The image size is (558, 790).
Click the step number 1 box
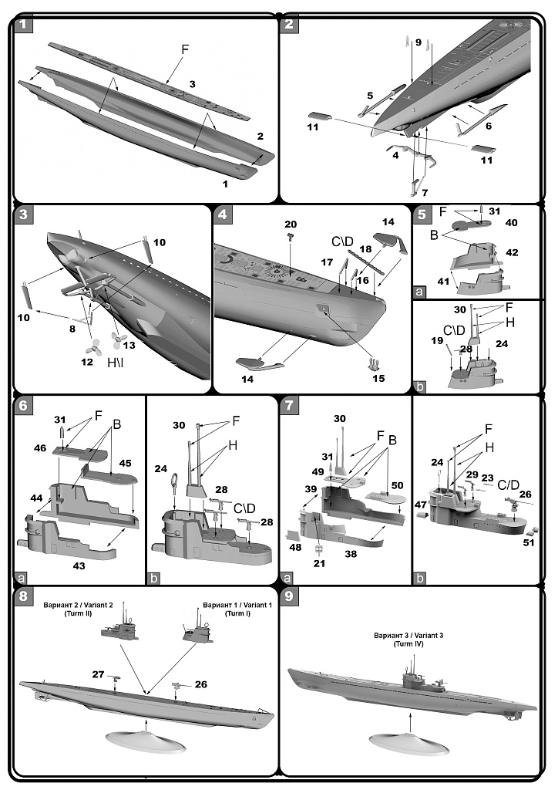[x=23, y=24]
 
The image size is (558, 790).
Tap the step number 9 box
[x=289, y=597]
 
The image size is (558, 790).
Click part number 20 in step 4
[x=291, y=224]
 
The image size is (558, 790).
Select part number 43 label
[x=79, y=565]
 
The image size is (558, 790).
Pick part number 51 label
[x=528, y=543]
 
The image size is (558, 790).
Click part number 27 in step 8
[x=99, y=674]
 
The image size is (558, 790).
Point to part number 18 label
[x=366, y=250]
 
